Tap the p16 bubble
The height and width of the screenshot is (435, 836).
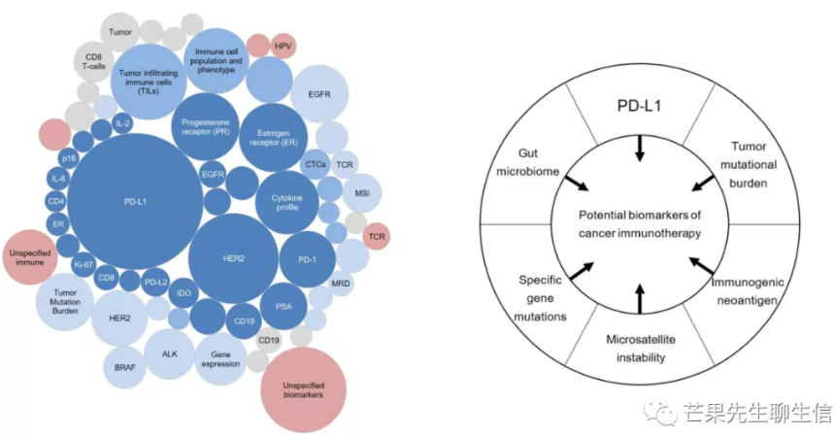[68, 158]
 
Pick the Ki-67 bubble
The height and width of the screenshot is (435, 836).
[84, 263]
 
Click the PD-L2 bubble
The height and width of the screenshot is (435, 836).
[155, 283]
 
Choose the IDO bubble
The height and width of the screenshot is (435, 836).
[184, 292]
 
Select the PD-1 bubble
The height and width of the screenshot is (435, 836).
[307, 260]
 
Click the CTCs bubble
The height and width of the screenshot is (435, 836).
[315, 165]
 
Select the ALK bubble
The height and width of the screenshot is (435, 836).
[169, 353]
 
